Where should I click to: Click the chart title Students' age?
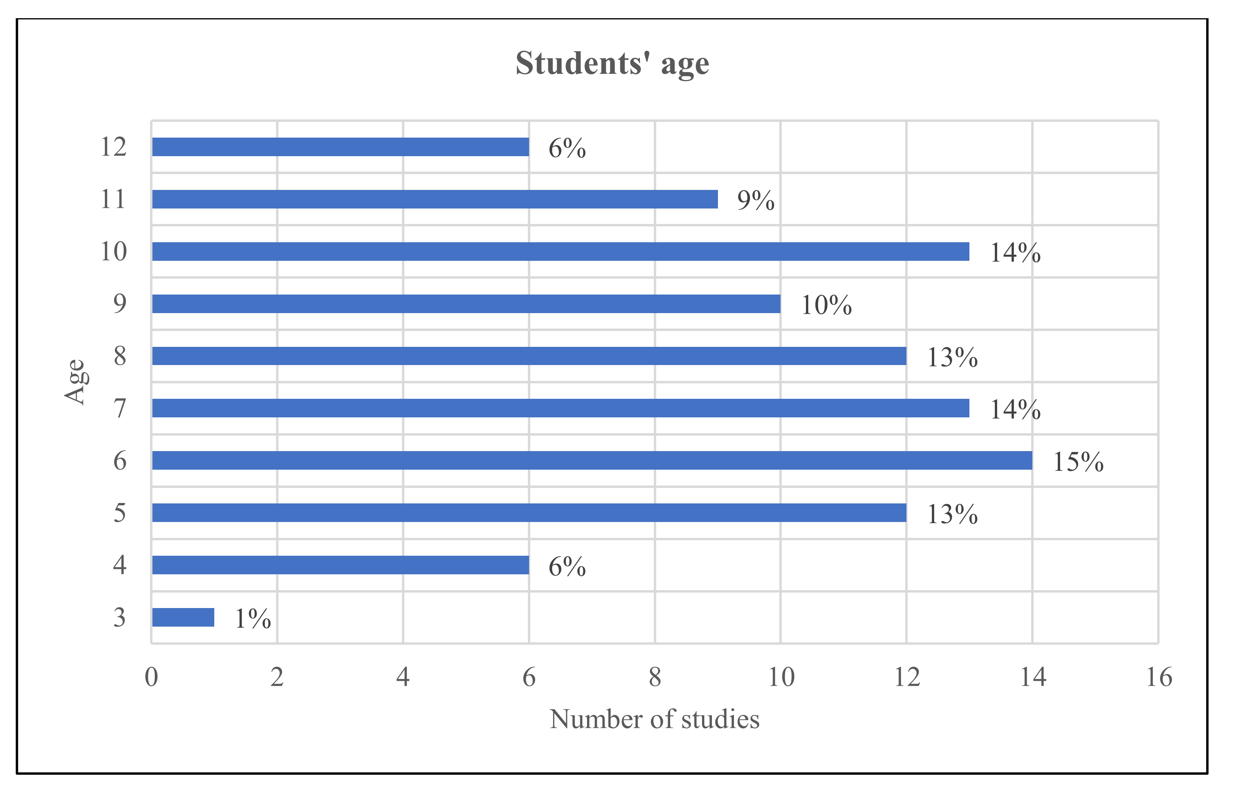[612, 64]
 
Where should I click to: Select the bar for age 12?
[340, 147]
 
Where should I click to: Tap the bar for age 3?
[183, 617]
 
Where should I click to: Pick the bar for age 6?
[592, 460]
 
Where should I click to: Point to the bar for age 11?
[435, 199]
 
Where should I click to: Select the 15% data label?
[1078, 462]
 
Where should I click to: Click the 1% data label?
[253, 619]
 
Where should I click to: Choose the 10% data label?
[826, 305]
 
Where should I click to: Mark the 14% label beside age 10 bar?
[1015, 253]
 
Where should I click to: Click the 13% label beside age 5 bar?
[952, 514]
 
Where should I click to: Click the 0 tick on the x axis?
[151, 677]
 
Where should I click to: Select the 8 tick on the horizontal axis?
[655, 677]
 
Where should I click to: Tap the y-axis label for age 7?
[119, 408]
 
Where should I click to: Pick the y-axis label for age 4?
[119, 565]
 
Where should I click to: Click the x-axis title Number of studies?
[654, 719]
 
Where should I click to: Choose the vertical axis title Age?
[75, 382]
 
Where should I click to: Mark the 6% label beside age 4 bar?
[567, 566]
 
